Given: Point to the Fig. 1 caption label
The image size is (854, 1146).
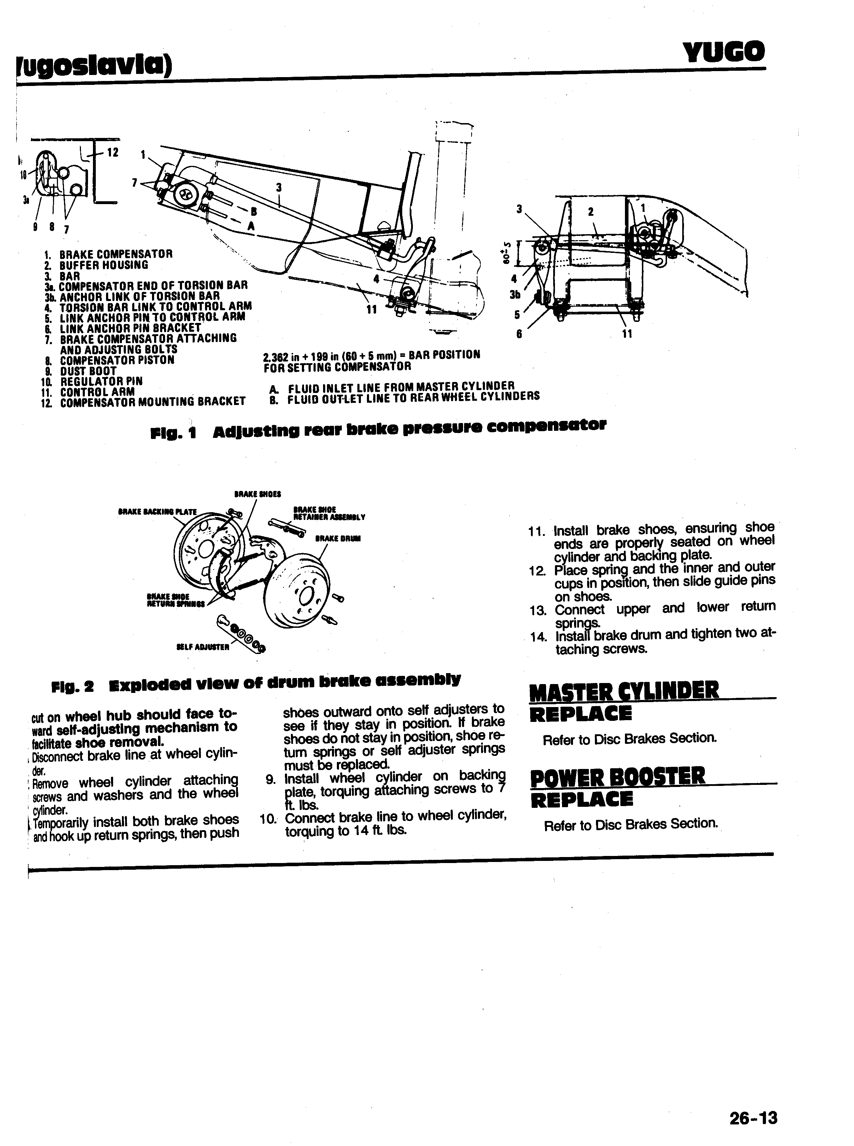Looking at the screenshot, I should coord(174,433).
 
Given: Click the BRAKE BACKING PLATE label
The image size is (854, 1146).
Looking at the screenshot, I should coord(158,511).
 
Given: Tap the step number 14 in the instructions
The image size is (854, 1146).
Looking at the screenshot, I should coord(538,637).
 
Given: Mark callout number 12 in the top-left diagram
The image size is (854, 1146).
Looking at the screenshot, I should coord(112,152).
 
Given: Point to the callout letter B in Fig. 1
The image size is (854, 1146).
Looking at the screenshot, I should coord(253,211).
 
